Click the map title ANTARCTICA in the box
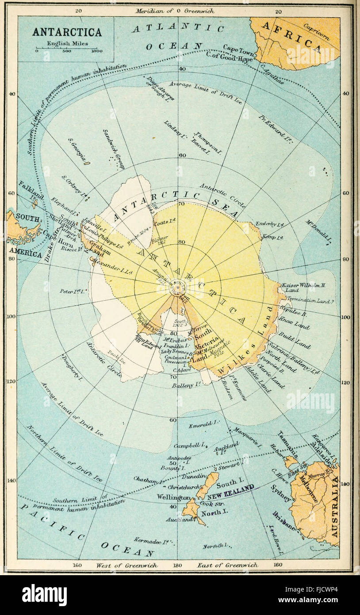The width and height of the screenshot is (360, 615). [67, 32]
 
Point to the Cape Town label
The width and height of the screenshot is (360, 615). [239, 47]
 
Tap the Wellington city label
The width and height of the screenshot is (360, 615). [174, 497]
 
